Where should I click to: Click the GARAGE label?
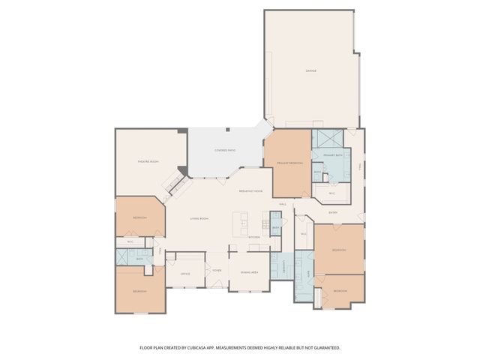pyautogui.click(x=310, y=70)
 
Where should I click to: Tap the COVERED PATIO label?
pyautogui.click(x=225, y=150)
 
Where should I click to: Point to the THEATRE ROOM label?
pyautogui.click(x=148, y=162)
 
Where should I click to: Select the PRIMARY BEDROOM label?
pyautogui.click(x=289, y=163)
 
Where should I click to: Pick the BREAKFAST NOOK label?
pyautogui.click(x=250, y=191)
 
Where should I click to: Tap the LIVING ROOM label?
pyautogui.click(x=199, y=218)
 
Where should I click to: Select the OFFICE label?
pyautogui.click(x=185, y=274)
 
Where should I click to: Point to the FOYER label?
pyautogui.click(x=217, y=271)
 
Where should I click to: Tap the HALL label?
pyautogui.click(x=283, y=204)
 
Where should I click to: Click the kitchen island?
pyautogui.click(x=241, y=222)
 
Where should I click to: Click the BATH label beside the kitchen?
pyautogui.click(x=276, y=226)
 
